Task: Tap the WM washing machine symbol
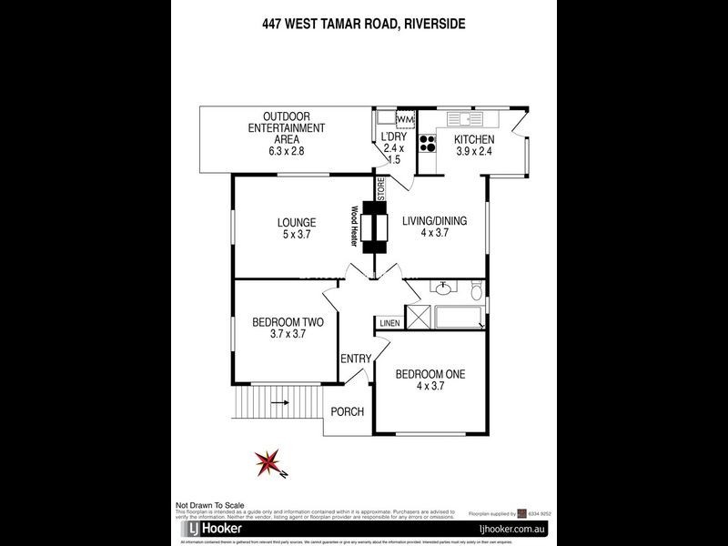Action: pyautogui.click(x=405, y=120)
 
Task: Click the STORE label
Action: pyautogui.click(x=382, y=190)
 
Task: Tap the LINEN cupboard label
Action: pyautogui.click(x=389, y=323)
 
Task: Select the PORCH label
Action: pyautogui.click(x=347, y=412)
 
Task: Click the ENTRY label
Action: pyautogui.click(x=355, y=359)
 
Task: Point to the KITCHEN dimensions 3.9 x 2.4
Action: pyautogui.click(x=474, y=151)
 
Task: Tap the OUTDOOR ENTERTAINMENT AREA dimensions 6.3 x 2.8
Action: pyautogui.click(x=286, y=151)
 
